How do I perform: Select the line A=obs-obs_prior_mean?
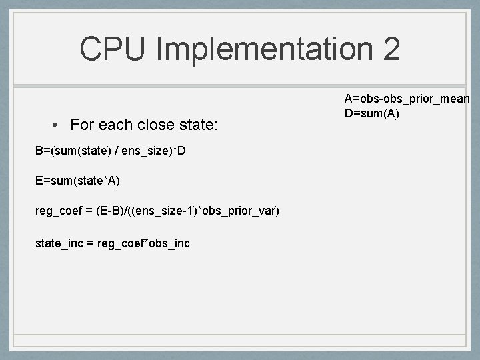407,99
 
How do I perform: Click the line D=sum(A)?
371,113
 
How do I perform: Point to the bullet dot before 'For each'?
59,125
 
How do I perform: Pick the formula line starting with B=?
110,151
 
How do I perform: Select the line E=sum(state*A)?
79,181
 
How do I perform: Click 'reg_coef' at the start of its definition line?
57,211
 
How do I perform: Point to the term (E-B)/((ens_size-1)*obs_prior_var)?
188,211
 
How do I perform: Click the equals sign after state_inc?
90,243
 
